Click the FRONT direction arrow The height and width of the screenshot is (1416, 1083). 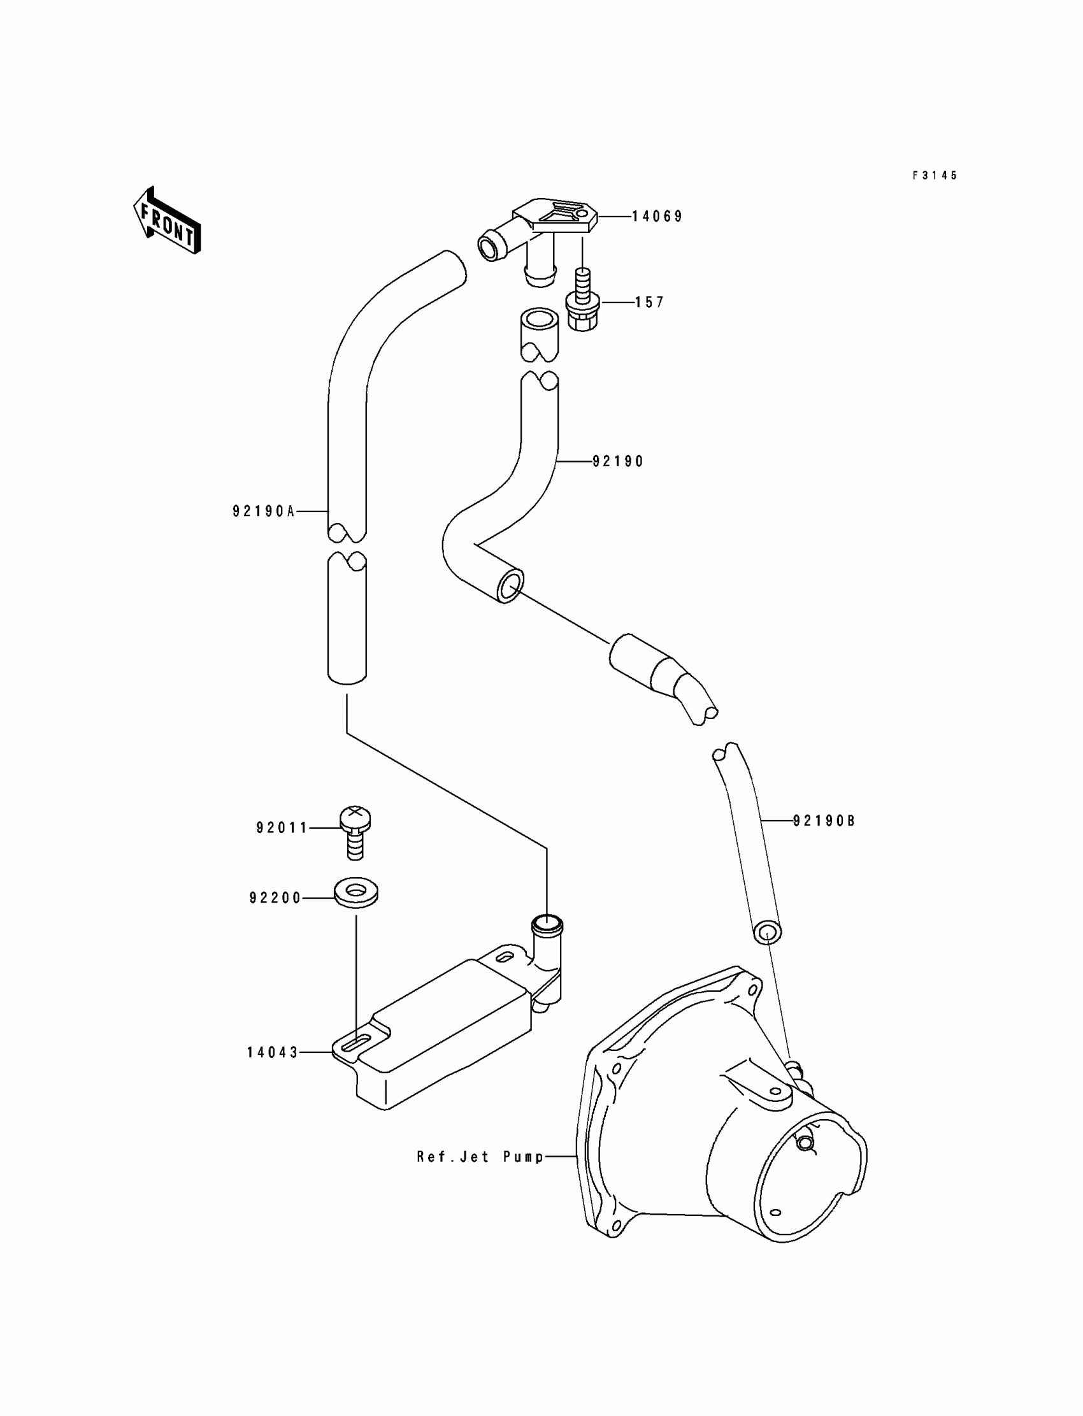tap(167, 221)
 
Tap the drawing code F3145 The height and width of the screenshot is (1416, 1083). tap(935, 175)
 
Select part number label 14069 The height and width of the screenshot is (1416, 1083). tap(656, 217)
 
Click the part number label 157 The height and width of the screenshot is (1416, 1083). tap(649, 303)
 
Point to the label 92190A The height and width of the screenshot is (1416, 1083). tap(264, 511)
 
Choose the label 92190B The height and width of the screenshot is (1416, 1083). tap(823, 820)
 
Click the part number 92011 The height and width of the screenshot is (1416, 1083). tap(282, 827)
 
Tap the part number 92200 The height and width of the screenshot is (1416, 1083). tap(275, 898)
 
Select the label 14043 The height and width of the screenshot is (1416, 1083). tap(273, 1052)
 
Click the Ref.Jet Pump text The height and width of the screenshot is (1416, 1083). tap(480, 1156)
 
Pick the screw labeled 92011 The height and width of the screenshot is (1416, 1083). tap(355, 831)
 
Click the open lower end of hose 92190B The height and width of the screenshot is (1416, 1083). tap(766, 933)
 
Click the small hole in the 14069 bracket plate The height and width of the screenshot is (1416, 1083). tap(584, 213)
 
